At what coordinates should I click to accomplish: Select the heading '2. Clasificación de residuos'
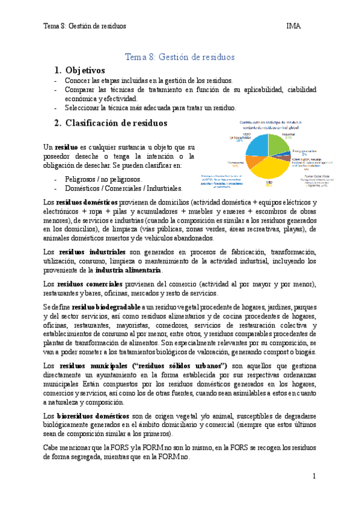[x=111, y=123]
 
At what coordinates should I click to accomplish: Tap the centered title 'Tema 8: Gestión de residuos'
[x=179, y=57]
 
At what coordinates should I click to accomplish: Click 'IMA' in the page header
[x=294, y=26]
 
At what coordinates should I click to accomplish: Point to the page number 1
[x=314, y=476]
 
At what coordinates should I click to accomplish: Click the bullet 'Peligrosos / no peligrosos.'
[x=103, y=179]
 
